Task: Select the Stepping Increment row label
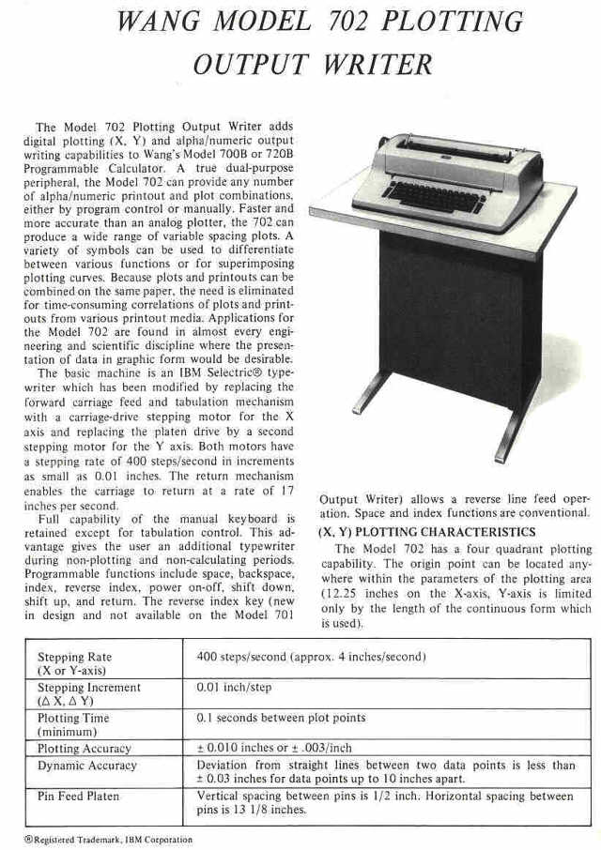tap(88, 693)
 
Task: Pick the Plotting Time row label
tap(73, 724)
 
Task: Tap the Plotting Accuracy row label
tap(85, 749)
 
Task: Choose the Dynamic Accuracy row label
tap(86, 766)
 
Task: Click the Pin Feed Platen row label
tap(79, 797)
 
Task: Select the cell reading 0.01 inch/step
tap(234, 688)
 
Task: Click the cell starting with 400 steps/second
tap(311, 657)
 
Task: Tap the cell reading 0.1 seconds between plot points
tap(281, 719)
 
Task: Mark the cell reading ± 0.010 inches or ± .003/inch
tap(274, 749)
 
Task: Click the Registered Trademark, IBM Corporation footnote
tap(108, 840)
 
